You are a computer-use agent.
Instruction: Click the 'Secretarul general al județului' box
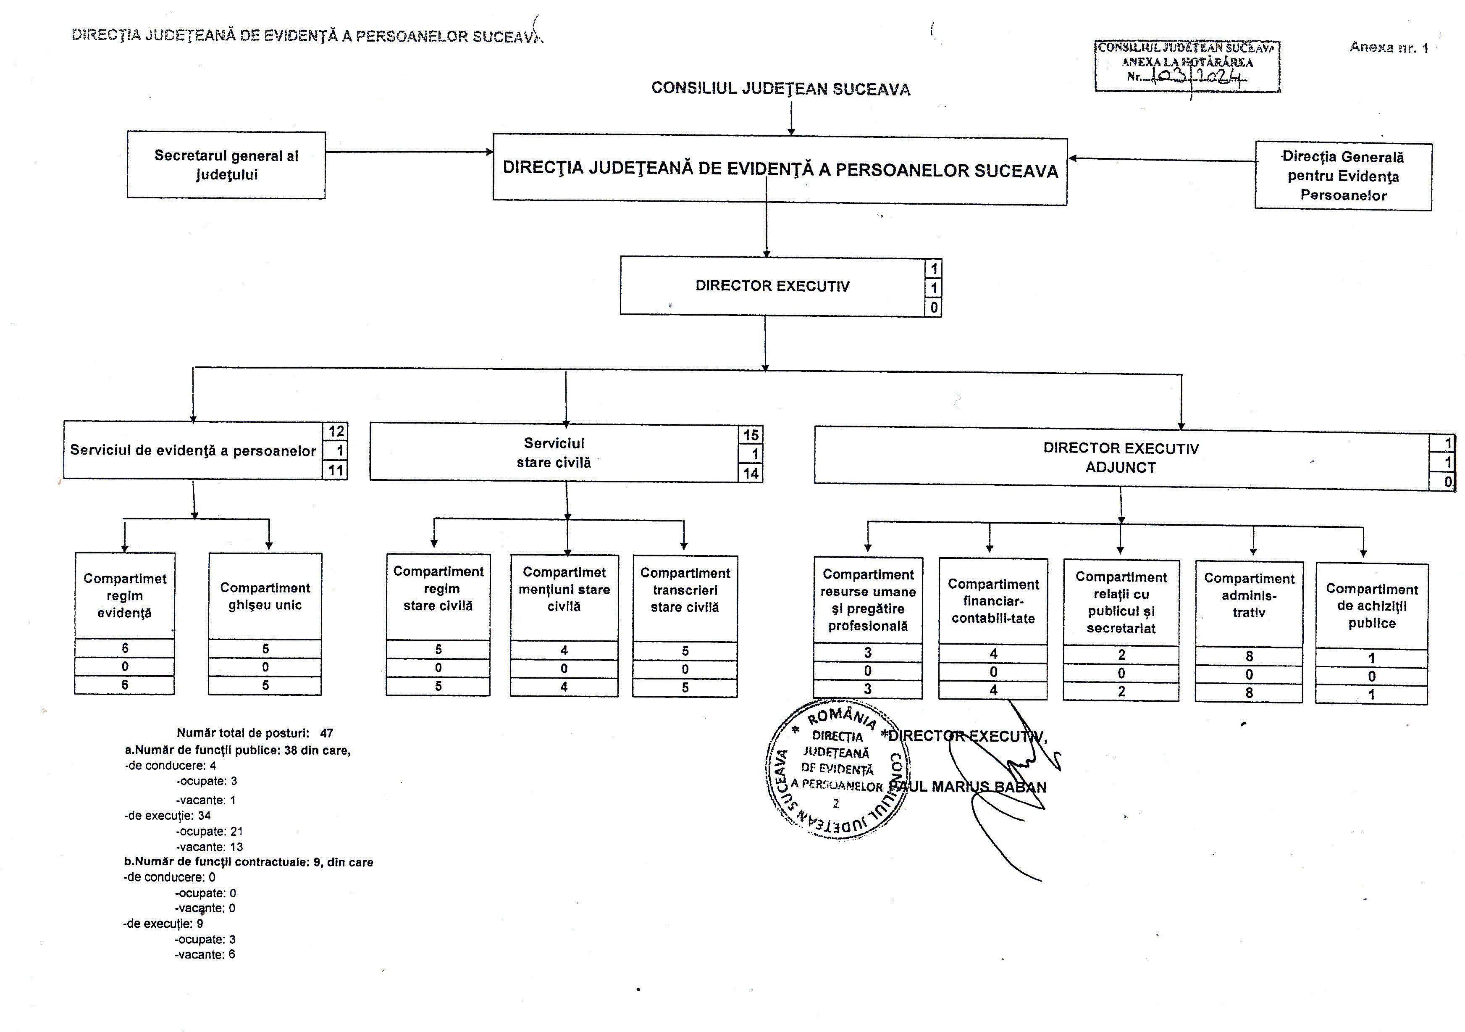tap(226, 165)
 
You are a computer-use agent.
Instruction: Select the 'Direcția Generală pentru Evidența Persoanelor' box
tap(1343, 176)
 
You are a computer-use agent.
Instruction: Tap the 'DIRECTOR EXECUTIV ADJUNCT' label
tap(1121, 458)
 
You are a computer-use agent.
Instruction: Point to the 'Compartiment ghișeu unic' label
tap(265, 596)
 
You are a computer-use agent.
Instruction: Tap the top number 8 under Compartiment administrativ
tap(1249, 656)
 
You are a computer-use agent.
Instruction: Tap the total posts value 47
tap(326, 733)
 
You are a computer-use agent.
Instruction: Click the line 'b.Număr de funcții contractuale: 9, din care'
tap(248, 862)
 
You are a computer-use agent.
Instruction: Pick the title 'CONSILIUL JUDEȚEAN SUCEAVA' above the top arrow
tap(780, 89)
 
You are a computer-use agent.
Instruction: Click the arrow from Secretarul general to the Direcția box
tap(408, 152)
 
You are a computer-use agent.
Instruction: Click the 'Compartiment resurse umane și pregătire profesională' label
tap(868, 600)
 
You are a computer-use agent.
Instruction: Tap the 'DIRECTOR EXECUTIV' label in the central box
tap(772, 286)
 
